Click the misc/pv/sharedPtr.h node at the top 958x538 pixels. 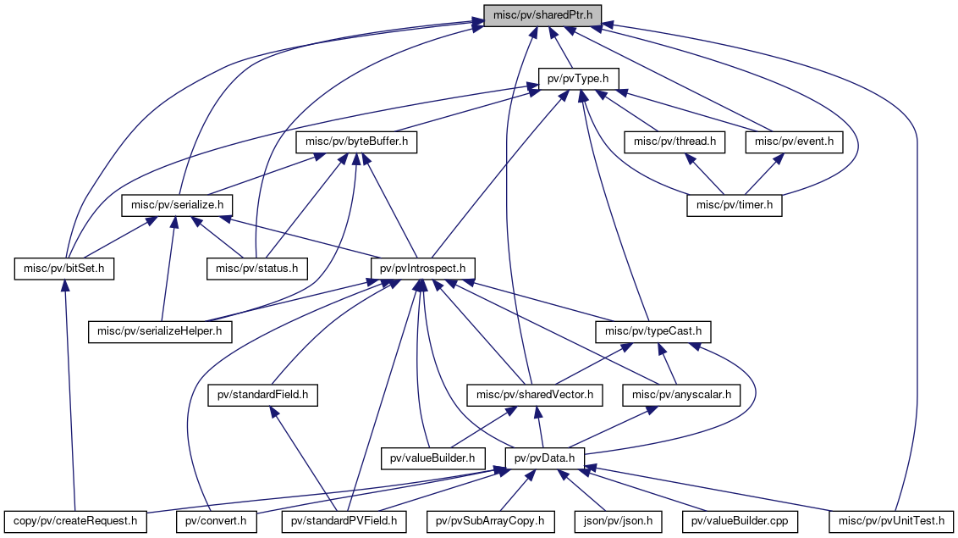click(x=542, y=15)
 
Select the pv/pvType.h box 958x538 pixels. click(x=578, y=79)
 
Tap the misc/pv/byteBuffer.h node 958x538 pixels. click(x=357, y=141)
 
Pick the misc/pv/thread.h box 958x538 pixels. click(x=674, y=141)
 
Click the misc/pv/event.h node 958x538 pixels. click(x=795, y=141)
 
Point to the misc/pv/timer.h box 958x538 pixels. click(x=735, y=205)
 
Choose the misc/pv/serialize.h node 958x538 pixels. click(x=177, y=205)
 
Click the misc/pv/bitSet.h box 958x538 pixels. click(x=64, y=269)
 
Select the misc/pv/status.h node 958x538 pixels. click(x=257, y=269)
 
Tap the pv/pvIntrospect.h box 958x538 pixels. click(x=423, y=269)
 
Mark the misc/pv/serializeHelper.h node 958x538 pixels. click(x=160, y=332)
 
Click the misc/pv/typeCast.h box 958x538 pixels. click(x=653, y=332)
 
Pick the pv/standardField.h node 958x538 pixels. click(x=262, y=396)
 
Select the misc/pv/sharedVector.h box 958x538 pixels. click(x=535, y=396)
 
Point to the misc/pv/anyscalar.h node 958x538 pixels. click(x=681, y=396)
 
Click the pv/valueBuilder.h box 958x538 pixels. click(x=432, y=458)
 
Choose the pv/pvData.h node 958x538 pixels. click(x=544, y=458)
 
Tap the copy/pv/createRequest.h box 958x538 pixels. click(x=75, y=522)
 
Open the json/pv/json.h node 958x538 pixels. click(x=618, y=522)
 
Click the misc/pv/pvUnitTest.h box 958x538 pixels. click(x=891, y=522)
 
